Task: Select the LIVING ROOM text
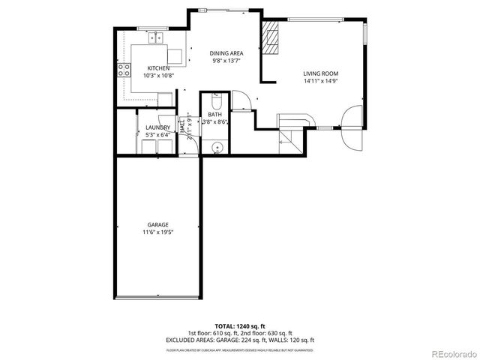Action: [x=320, y=73]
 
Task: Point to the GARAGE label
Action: [x=157, y=225]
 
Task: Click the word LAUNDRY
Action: [x=157, y=128]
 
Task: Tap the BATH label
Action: [x=215, y=114]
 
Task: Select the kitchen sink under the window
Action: [x=158, y=37]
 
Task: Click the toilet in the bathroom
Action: [x=216, y=99]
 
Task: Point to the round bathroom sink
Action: [x=216, y=147]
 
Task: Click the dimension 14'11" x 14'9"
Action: [x=320, y=81]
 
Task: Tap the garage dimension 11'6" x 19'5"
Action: [x=157, y=232]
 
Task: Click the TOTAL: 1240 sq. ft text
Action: [x=239, y=327]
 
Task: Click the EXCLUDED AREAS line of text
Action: [x=239, y=340]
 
